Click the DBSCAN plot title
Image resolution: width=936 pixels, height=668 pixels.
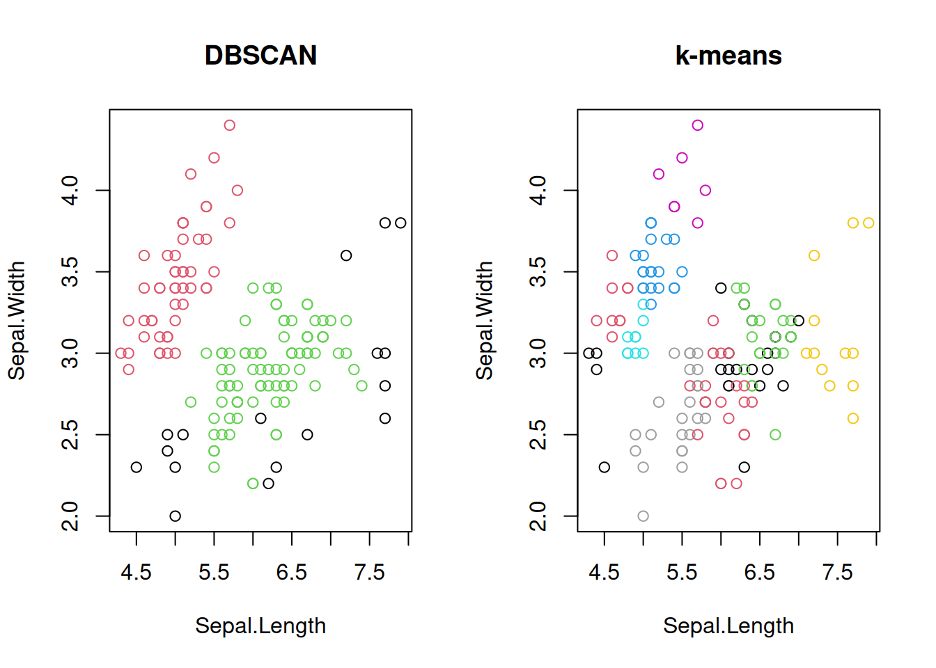pyautogui.click(x=260, y=56)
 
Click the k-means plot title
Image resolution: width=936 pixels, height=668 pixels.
pyautogui.click(x=728, y=56)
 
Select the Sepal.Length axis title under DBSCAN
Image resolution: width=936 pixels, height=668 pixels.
pyautogui.click(x=260, y=626)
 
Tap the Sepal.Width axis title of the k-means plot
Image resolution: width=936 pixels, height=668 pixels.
pyautogui.click(x=484, y=320)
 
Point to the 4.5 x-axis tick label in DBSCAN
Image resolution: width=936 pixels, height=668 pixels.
pyautogui.click(x=136, y=572)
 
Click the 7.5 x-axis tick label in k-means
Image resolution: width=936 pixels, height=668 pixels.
pyautogui.click(x=837, y=572)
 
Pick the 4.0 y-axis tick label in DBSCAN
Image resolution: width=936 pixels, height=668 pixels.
pyautogui.click(x=70, y=190)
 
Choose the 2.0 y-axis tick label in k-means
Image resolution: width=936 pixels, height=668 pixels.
pyautogui.click(x=538, y=516)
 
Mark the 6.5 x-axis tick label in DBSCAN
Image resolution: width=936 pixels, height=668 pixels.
pyautogui.click(x=291, y=572)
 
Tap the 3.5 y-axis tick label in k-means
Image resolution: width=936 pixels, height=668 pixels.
pyautogui.click(x=538, y=271)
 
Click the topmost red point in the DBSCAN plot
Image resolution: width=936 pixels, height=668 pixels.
pyautogui.click(x=230, y=125)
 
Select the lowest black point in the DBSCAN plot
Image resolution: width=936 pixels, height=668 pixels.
pyautogui.click(x=175, y=516)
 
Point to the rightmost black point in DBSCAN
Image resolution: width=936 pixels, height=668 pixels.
pyautogui.click(x=400, y=223)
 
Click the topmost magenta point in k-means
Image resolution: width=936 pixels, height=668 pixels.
pyautogui.click(x=698, y=125)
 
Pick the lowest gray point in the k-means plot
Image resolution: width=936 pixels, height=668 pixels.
pyautogui.click(x=643, y=516)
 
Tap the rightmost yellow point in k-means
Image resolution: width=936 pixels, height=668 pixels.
pyautogui.click(x=868, y=223)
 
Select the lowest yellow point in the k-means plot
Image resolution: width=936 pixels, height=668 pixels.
pyautogui.click(x=853, y=418)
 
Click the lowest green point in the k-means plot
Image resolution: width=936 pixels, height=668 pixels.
pyautogui.click(x=775, y=435)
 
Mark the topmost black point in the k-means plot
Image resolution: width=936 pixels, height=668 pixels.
pyautogui.click(x=721, y=288)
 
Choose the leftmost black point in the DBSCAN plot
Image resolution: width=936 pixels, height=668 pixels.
pyautogui.click(x=136, y=468)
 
